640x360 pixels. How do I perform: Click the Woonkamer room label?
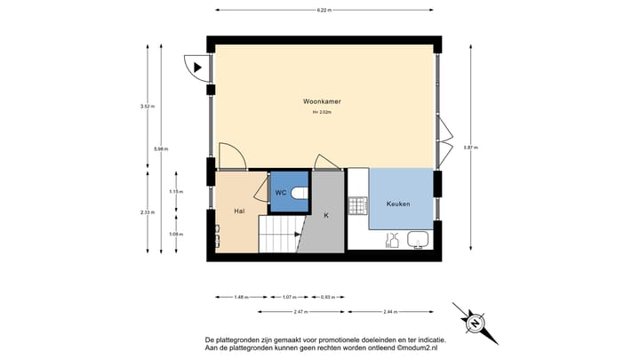click(322, 102)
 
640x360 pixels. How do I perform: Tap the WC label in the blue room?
click(280, 193)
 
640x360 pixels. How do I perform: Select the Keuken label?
click(398, 204)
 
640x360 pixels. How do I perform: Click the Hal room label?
click(239, 212)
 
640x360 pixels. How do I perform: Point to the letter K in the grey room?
click(325, 215)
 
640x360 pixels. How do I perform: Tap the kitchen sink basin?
click(417, 239)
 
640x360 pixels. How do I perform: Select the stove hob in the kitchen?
click(358, 206)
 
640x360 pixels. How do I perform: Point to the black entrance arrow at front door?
click(198, 66)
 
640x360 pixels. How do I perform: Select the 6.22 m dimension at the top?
click(324, 11)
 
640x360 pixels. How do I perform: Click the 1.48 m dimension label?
click(240, 297)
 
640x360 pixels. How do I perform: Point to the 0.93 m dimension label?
click(326, 297)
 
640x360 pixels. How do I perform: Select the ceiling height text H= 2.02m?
click(322, 113)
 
